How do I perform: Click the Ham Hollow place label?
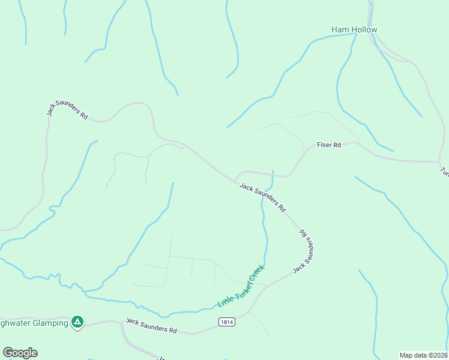pos(354,29)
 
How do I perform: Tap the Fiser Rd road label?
pos(329,145)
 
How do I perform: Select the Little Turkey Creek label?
pos(241,287)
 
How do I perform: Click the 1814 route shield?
pos(226,322)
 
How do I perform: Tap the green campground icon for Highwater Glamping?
pos(77,322)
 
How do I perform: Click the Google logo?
pos(20,353)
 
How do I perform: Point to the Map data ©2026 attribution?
pos(423,355)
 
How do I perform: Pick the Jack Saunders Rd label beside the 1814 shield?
pos(152,326)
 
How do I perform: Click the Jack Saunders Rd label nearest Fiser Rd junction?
pos(262,197)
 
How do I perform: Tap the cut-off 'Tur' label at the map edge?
pos(444,171)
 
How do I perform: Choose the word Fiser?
pos(324,145)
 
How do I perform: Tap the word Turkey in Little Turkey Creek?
pos(241,288)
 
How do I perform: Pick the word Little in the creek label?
pos(226,300)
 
